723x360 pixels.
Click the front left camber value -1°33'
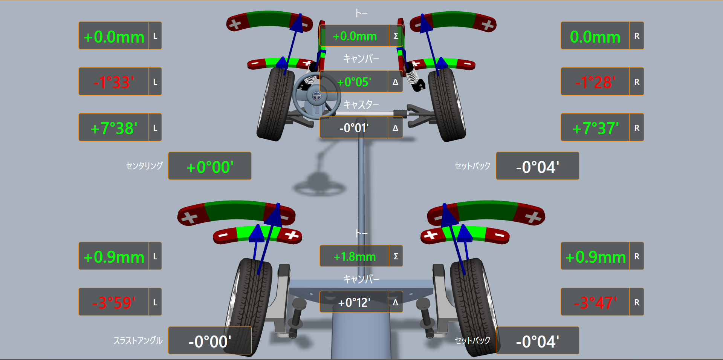click(x=113, y=82)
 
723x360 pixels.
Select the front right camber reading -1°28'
click(x=595, y=82)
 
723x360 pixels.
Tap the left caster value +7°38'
click(x=113, y=128)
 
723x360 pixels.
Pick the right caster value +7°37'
click(x=595, y=128)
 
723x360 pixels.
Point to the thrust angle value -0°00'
click(x=210, y=342)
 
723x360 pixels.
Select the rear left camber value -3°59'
click(x=113, y=302)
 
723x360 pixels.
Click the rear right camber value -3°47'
click(x=595, y=302)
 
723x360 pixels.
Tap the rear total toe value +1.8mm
click(x=355, y=257)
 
